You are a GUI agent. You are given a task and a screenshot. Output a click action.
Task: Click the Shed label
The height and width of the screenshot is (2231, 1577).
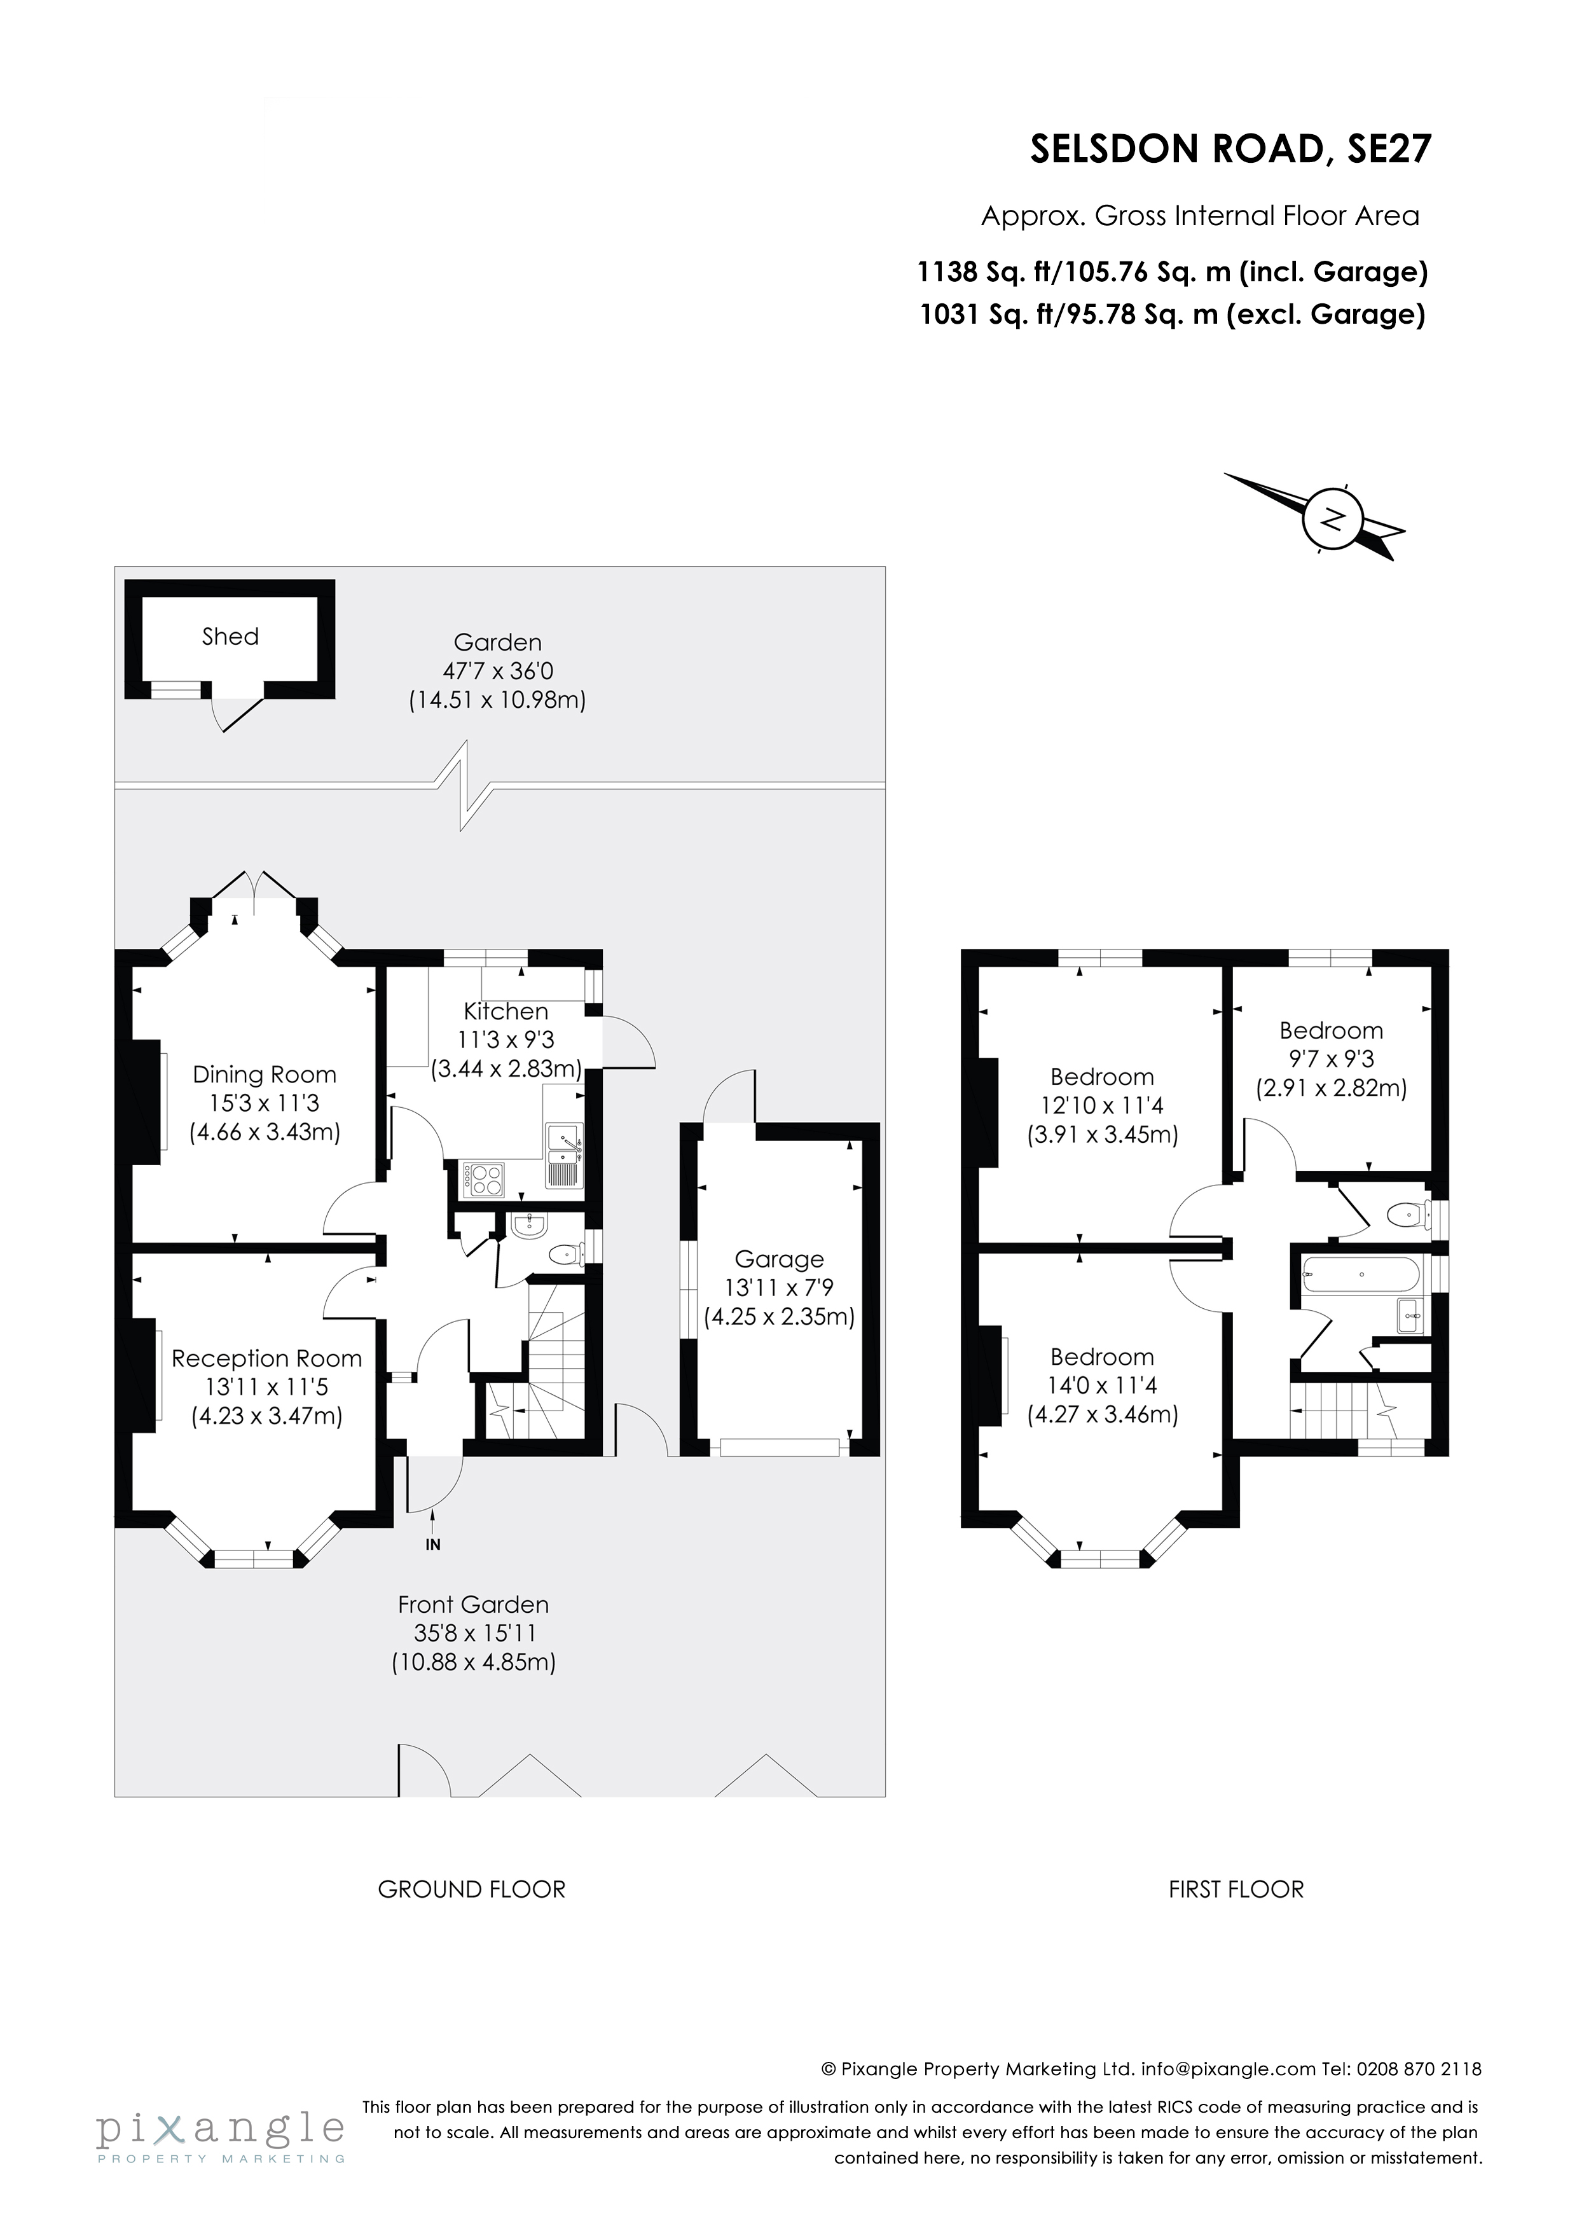pyautogui.click(x=230, y=637)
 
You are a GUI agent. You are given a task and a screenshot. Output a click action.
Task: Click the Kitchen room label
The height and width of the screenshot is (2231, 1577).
pyautogui.click(x=506, y=1011)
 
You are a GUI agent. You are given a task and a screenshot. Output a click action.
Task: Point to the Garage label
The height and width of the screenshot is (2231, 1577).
pyautogui.click(x=778, y=1259)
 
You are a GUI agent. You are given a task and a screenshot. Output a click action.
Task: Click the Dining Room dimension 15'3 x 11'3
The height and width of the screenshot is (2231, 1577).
pyautogui.click(x=265, y=1103)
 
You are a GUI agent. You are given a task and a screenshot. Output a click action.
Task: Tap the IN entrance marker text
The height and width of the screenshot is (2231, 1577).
pyautogui.click(x=434, y=1544)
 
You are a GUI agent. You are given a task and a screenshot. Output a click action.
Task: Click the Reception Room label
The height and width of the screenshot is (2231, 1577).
pyautogui.click(x=266, y=1358)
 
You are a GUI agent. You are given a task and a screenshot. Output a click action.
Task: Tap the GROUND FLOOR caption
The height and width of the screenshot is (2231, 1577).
pyautogui.click(x=471, y=1889)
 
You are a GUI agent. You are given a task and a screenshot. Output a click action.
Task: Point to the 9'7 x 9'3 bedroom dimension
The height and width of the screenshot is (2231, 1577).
pyautogui.click(x=1330, y=1058)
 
